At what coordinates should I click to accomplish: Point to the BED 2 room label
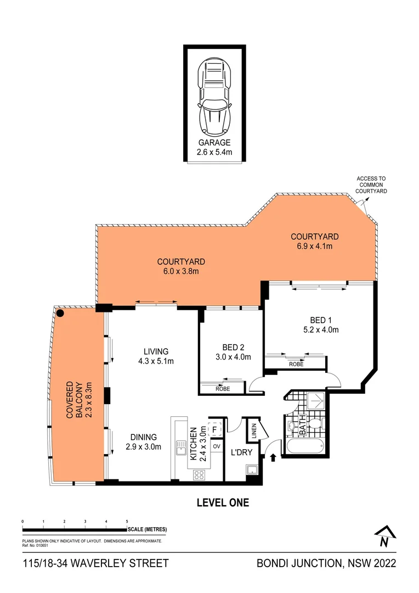pos(233,352)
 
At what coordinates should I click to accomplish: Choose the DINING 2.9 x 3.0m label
pos(143,442)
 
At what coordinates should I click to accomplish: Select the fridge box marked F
pos(215,429)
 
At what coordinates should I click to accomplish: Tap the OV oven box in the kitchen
pos(216,447)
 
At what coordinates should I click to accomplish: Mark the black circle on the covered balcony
pos(60,313)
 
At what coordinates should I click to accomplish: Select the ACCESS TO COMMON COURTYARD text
pos(371,185)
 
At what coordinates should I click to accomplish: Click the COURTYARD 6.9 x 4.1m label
pos(314,241)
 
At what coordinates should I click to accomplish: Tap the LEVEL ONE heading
pos(223,502)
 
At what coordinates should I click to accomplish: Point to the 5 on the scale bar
pos(127,521)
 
